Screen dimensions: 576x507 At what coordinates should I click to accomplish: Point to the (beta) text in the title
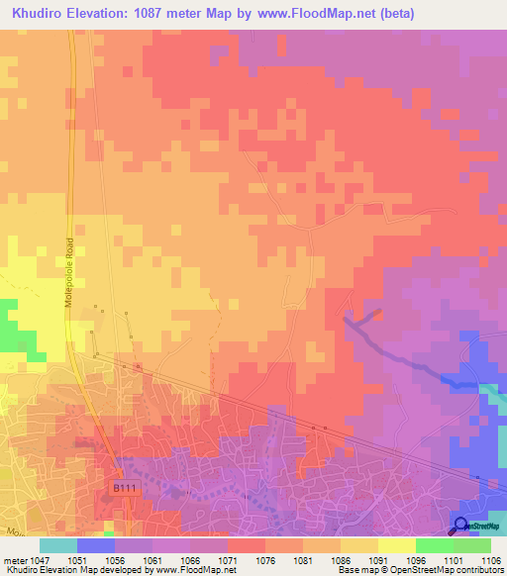pyautogui.click(x=389, y=13)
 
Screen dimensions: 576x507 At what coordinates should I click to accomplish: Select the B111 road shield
pyautogui.click(x=122, y=488)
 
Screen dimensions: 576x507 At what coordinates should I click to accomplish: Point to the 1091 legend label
pyautogui.click(x=379, y=560)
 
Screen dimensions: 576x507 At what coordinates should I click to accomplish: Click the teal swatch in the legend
pyautogui.click(x=58, y=545)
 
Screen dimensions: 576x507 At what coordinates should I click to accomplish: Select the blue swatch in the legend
pyautogui.click(x=96, y=545)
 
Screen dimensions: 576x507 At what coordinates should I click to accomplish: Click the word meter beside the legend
pyautogui.click(x=14, y=560)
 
